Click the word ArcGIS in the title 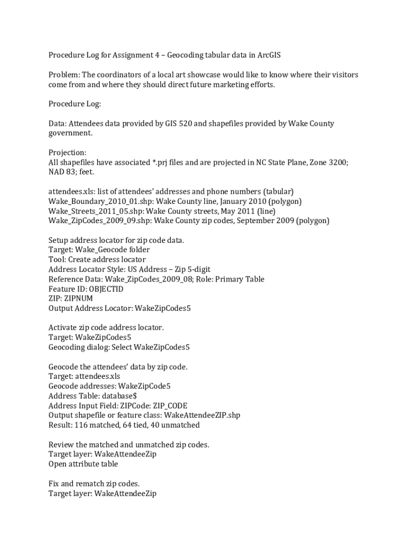[269, 55]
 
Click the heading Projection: [67, 153]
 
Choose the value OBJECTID [106, 289]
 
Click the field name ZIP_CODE [170, 406]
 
